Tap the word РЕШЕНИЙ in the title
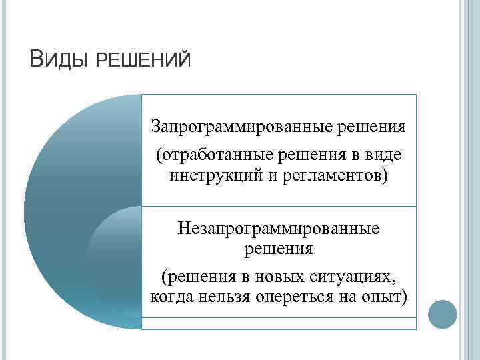click(x=144, y=61)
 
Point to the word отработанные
click(x=214, y=155)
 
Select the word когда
click(x=172, y=297)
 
